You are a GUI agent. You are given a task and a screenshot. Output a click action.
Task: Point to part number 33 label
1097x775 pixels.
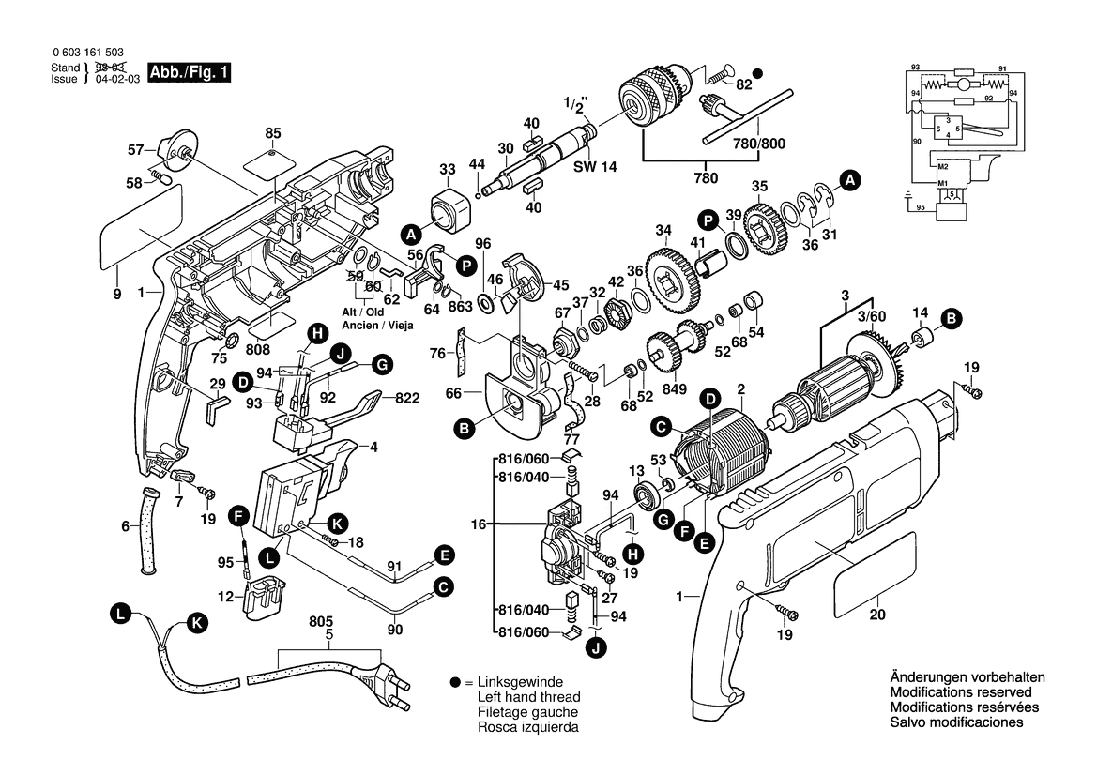448,170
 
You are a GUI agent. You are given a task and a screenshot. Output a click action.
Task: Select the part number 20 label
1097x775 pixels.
877,615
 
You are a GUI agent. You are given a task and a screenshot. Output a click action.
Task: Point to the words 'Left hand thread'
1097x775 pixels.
528,697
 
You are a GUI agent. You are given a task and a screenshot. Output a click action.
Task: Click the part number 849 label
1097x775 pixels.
675,390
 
